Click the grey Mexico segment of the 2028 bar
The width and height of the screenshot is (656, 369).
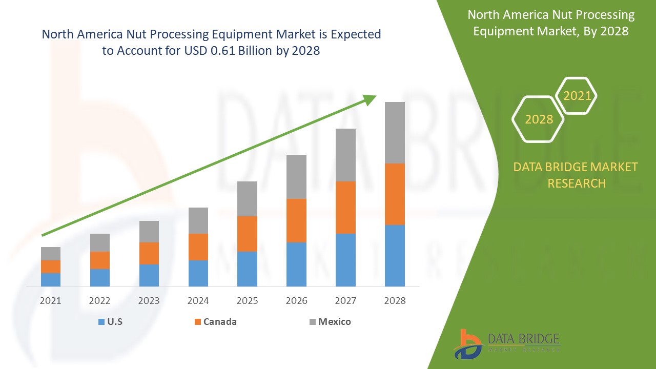coord(395,132)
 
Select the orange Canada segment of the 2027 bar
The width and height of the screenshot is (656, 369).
coord(345,207)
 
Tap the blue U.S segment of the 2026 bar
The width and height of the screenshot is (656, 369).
coord(296,264)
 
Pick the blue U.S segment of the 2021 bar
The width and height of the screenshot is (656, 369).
coord(51,279)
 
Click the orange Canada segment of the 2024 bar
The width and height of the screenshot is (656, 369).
coord(198,247)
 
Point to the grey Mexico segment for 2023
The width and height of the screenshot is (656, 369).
coord(149,231)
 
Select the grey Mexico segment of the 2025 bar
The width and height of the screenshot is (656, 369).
coord(247,198)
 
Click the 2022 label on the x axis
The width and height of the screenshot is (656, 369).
coord(100,301)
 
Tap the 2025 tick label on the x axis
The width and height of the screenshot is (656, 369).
coord(247,301)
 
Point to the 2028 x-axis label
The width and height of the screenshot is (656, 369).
coord(395,301)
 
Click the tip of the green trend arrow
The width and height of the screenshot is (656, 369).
coord(375,96)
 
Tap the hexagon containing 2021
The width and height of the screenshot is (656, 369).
coord(577,96)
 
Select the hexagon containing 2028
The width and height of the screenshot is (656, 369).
coord(539,119)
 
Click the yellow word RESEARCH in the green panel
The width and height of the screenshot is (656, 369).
coord(577,183)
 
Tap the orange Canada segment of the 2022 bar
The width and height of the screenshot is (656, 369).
coord(100,260)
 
